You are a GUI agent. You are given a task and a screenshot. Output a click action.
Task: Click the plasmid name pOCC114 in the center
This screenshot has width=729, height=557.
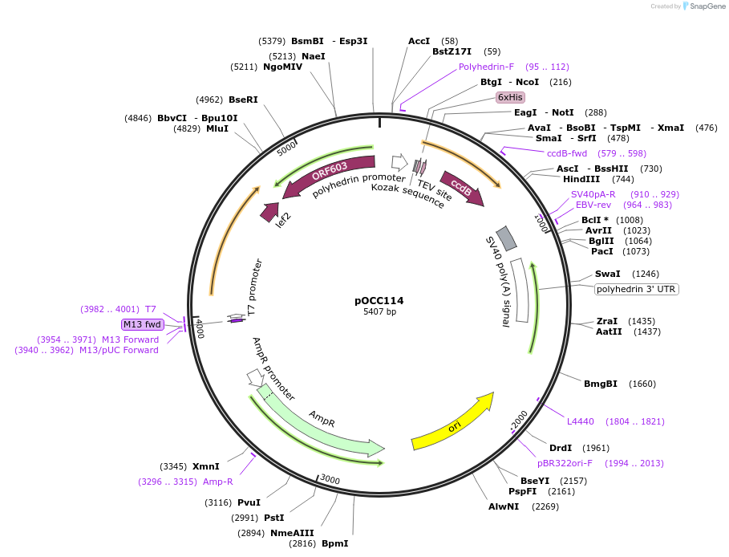click(379, 301)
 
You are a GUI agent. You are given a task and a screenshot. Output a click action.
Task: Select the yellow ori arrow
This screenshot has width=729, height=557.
click(453, 422)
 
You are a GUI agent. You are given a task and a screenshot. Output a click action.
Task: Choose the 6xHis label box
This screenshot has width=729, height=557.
click(510, 97)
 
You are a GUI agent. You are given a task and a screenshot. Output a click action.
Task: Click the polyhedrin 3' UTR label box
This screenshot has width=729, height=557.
click(637, 289)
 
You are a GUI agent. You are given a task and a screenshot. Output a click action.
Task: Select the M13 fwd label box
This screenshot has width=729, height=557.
click(142, 324)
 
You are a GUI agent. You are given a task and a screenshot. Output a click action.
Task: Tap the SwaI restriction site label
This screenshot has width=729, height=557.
click(607, 274)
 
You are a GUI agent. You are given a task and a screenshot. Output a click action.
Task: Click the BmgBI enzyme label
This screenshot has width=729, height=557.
click(600, 384)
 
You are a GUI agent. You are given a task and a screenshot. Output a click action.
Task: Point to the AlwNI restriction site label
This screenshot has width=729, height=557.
click(504, 506)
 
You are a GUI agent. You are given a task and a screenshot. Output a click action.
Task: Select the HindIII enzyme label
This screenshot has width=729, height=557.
click(581, 179)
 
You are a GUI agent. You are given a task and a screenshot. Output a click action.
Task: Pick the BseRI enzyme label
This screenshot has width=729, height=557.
click(243, 100)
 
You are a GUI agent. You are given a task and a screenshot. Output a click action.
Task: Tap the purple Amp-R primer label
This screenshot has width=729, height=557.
click(217, 482)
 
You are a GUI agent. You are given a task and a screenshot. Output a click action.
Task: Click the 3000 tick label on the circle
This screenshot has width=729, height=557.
click(330, 479)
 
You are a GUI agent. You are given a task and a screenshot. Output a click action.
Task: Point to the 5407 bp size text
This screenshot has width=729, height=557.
click(379, 311)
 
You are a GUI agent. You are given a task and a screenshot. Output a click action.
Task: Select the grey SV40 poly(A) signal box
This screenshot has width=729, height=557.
click(507, 238)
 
